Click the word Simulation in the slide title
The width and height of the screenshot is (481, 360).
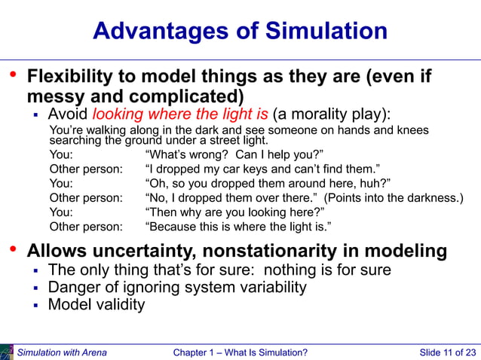point(326,31)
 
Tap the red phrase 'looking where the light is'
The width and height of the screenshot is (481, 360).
point(180,114)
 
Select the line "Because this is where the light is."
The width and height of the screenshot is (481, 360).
point(237,226)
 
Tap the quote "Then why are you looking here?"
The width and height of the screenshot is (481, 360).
point(234,212)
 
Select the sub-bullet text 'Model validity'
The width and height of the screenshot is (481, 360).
point(96,304)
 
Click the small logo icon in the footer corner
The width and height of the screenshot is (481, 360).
point(7,352)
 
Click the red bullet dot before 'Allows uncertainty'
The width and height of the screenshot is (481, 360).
point(12,249)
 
